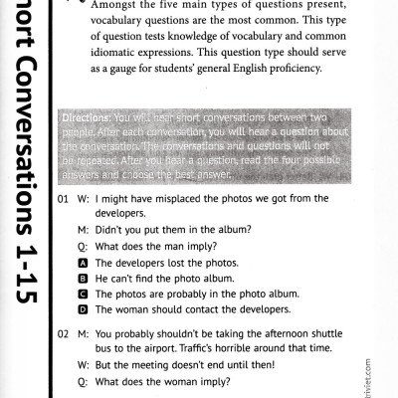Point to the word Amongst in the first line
pos(116,6)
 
